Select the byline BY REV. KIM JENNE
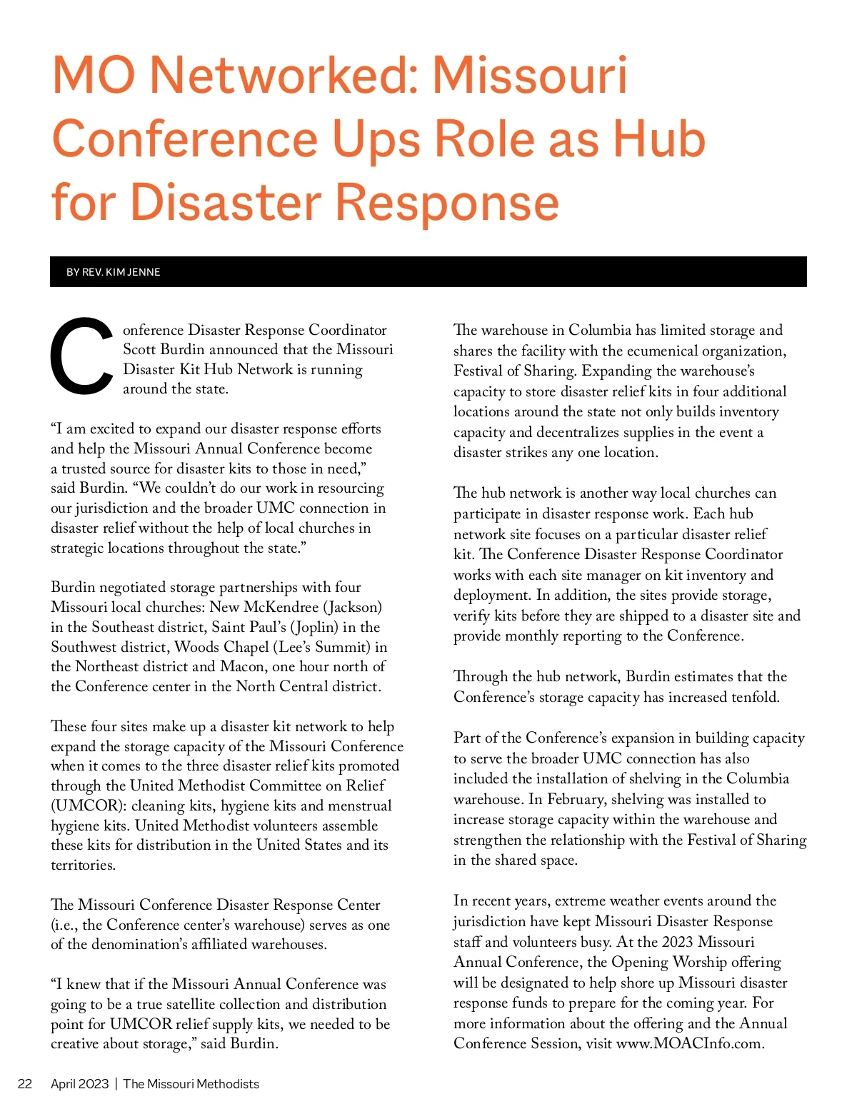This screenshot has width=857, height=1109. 113,272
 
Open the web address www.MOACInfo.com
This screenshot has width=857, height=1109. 690,1043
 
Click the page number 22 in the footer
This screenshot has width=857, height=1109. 25,1084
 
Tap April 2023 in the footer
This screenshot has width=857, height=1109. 79,1084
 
